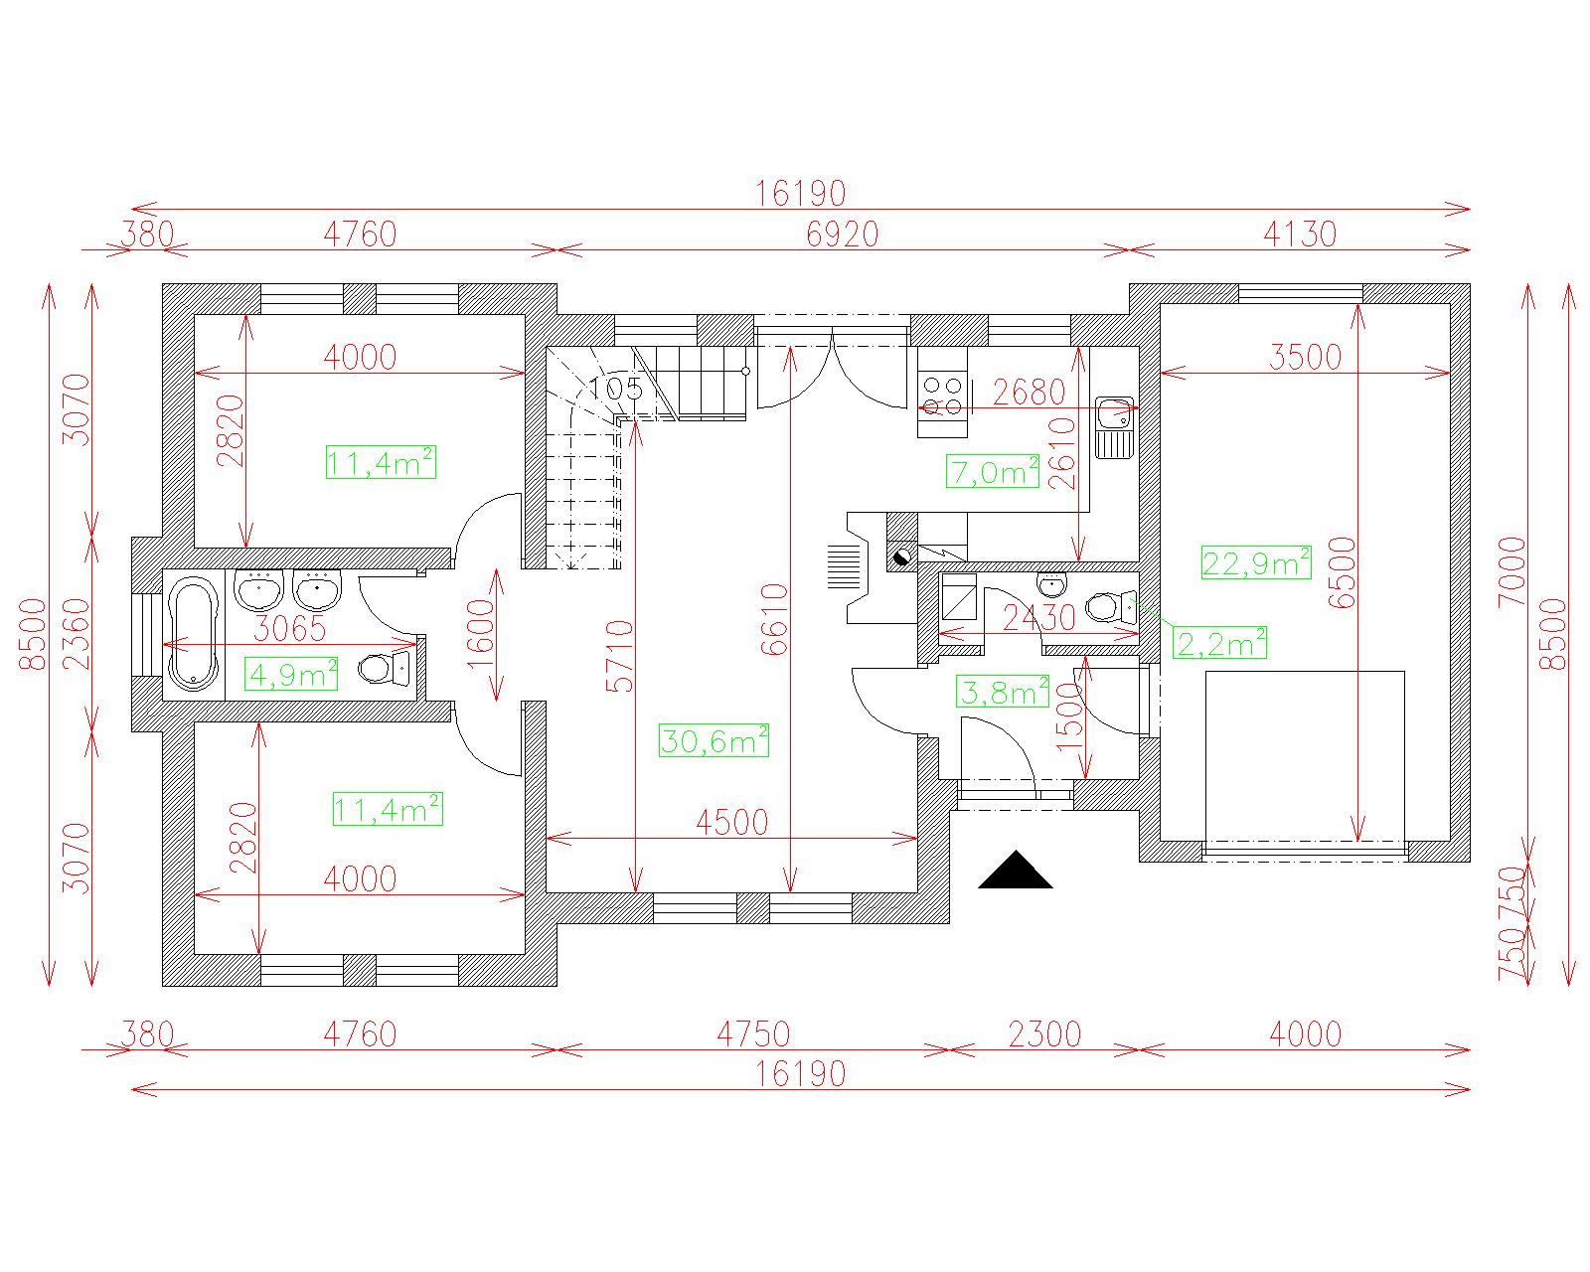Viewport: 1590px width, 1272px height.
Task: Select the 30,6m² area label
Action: (x=714, y=740)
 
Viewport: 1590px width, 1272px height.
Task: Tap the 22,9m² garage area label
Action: (x=1255, y=563)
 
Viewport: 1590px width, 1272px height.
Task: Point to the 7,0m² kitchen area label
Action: (x=993, y=472)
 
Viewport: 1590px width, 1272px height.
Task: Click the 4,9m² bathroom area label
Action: (x=291, y=674)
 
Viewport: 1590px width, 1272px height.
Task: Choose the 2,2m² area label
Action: (x=1220, y=643)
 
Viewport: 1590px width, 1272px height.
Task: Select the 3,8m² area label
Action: (x=1003, y=692)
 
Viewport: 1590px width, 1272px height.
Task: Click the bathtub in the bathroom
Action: (x=193, y=635)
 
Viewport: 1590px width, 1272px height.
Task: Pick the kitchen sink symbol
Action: (x=1113, y=426)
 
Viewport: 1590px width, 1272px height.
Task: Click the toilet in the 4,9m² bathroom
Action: (x=384, y=669)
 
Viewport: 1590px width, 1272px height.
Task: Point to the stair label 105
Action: (x=615, y=389)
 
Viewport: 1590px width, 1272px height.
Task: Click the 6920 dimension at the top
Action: (x=842, y=235)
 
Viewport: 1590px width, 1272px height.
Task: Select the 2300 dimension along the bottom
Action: (x=1044, y=1034)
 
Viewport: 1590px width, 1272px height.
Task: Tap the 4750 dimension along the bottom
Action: (x=753, y=1034)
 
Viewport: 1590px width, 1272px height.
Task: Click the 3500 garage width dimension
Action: (x=1305, y=357)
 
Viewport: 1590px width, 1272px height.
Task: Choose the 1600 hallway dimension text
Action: (x=481, y=633)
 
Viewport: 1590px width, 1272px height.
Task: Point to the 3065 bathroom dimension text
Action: (x=289, y=628)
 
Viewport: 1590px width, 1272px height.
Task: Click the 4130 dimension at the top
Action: (x=1300, y=235)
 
